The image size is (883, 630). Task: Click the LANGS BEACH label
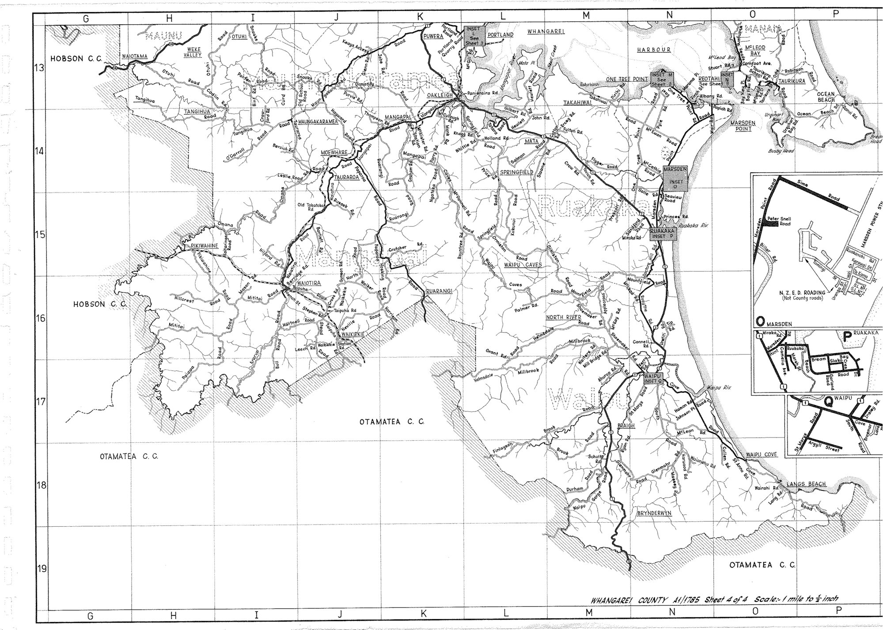[x=805, y=484]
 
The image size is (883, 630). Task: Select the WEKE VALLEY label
[x=193, y=52]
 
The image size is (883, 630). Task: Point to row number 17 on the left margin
[x=40, y=402]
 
